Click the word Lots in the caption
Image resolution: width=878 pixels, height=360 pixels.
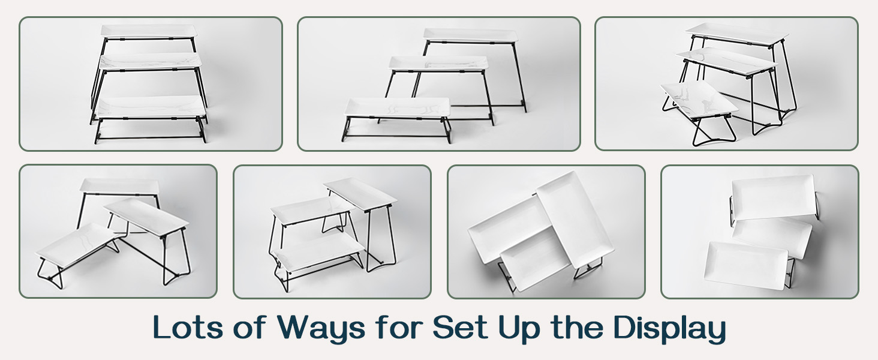click(x=188, y=326)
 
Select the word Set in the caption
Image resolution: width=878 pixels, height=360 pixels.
click(x=460, y=326)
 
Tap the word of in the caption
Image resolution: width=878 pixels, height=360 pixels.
click(x=249, y=326)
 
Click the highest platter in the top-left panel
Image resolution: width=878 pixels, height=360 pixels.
click(x=149, y=31)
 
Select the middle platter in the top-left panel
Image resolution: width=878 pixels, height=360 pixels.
click(x=151, y=62)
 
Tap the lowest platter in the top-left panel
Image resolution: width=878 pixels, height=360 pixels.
click(x=151, y=107)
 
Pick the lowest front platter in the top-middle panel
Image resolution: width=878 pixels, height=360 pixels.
click(x=398, y=107)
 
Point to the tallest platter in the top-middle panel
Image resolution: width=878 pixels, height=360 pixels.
click(x=470, y=35)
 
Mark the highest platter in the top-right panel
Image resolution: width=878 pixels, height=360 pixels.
click(x=737, y=34)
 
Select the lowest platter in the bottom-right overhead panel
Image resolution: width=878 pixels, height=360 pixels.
click(x=745, y=265)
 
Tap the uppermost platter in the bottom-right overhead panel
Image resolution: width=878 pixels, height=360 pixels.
click(x=773, y=197)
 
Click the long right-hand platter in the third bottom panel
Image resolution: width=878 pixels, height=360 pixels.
click(x=575, y=220)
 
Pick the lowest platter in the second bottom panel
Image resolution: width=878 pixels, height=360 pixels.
click(x=318, y=251)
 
